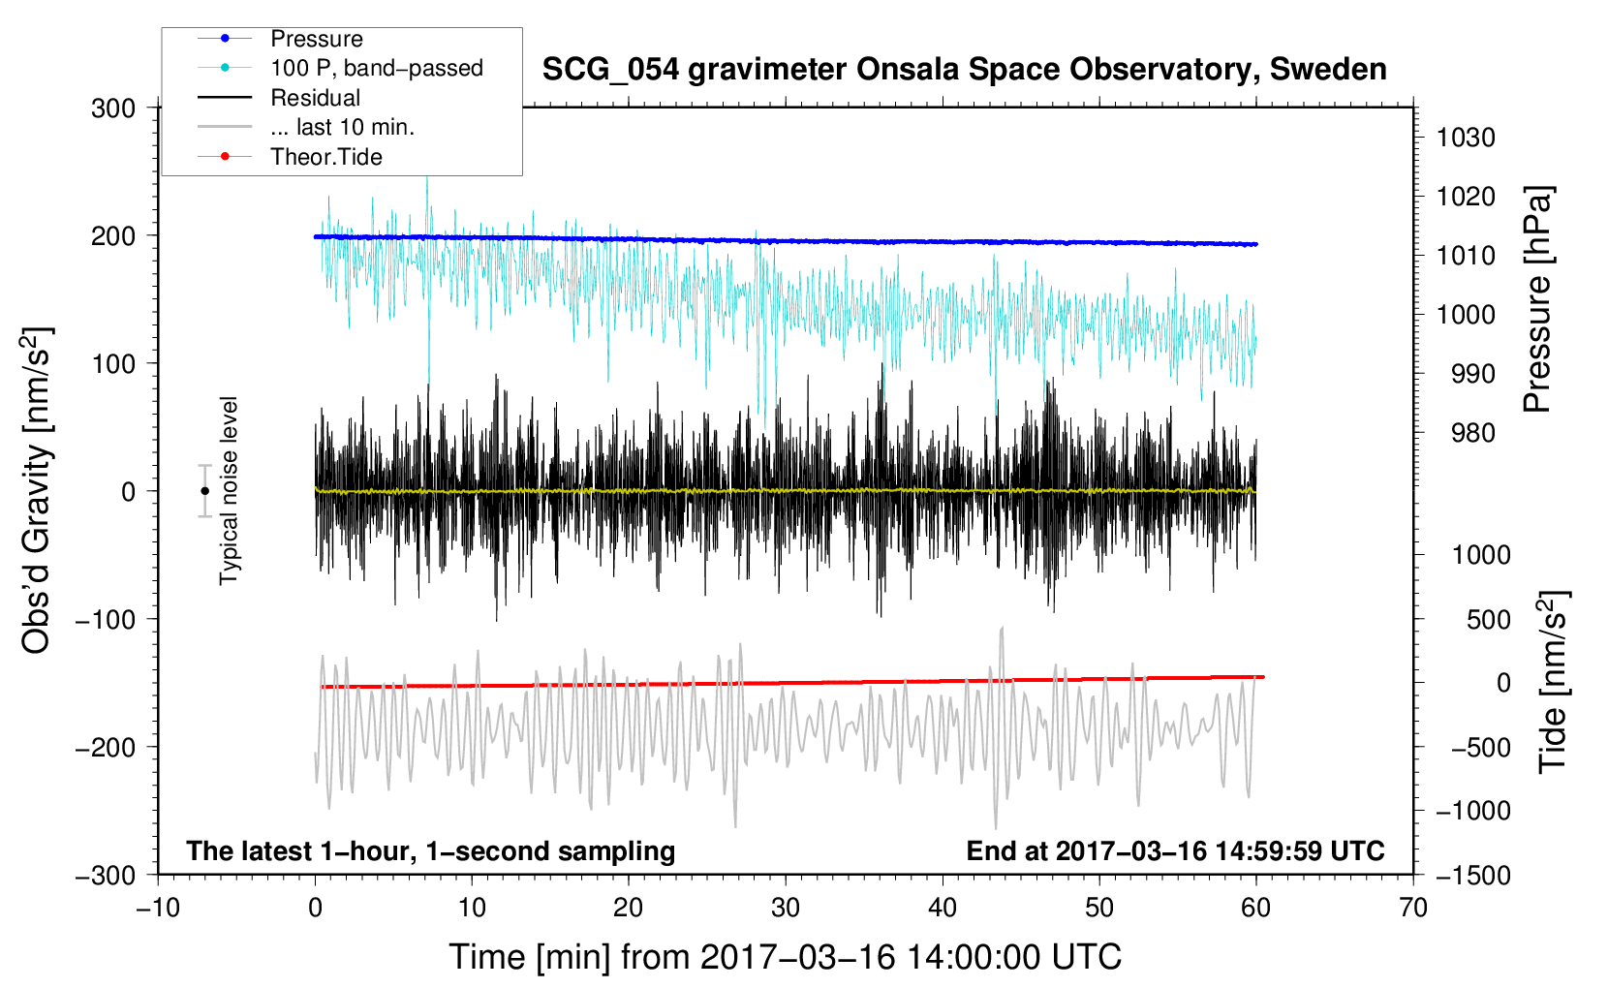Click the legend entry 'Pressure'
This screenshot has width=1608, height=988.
(x=316, y=39)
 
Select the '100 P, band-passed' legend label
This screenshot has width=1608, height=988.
(x=376, y=68)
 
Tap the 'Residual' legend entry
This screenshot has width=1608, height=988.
(x=315, y=98)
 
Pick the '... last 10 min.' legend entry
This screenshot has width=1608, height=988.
(x=342, y=127)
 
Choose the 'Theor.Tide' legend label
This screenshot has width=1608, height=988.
(x=325, y=157)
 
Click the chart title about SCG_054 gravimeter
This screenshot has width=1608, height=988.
(x=964, y=70)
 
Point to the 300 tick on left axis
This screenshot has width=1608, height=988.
(x=113, y=108)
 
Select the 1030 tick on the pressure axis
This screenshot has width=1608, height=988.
(x=1466, y=138)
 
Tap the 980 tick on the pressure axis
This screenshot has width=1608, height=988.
(x=1472, y=433)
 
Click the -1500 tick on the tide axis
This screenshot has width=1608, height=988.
(x=1473, y=875)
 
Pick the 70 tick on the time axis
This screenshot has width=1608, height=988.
(x=1413, y=908)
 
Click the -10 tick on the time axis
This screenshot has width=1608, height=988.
(x=158, y=908)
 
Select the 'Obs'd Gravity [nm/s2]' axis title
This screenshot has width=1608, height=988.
(x=36, y=491)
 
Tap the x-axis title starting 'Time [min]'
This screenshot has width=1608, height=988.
(x=786, y=957)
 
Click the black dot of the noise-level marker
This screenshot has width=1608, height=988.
(x=204, y=491)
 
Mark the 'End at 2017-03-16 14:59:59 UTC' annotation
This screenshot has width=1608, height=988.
(x=1175, y=850)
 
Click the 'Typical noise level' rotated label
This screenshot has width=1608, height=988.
(x=229, y=491)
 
